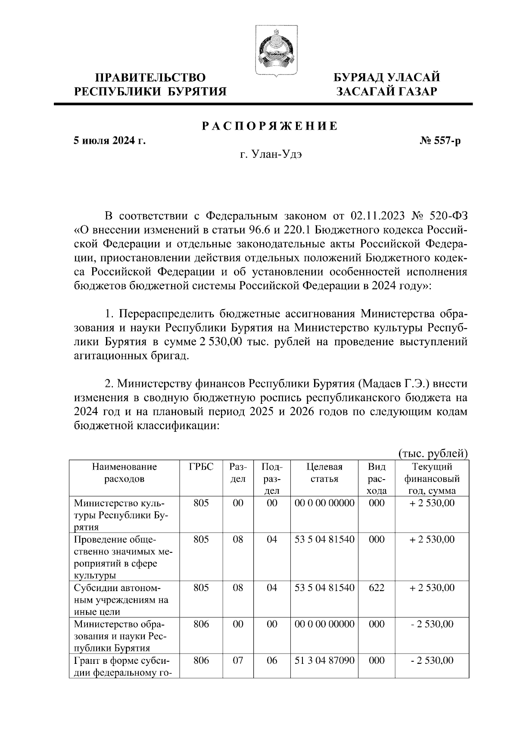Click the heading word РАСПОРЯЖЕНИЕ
[270, 126]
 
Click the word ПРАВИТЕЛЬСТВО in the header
[150, 78]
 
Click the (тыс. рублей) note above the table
[432, 453]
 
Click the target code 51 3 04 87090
[324, 660]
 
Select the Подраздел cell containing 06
[272, 660]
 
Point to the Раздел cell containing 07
[238, 660]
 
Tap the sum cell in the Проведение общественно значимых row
[432, 539]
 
